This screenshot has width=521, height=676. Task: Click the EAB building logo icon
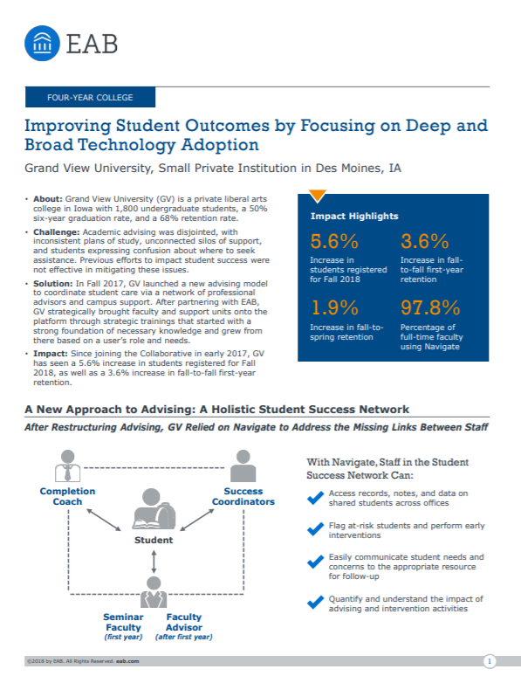[43, 39]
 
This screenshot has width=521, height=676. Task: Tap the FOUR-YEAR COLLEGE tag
[91, 98]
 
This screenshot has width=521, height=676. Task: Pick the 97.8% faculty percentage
[430, 307]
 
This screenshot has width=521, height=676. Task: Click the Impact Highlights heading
[354, 216]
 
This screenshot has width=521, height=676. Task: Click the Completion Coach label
[67, 496]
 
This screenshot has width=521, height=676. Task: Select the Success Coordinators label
[243, 496]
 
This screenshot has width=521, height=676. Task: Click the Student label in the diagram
[154, 540]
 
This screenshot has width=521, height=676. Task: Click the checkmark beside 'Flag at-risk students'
[315, 528]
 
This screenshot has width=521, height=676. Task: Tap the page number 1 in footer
[490, 662]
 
